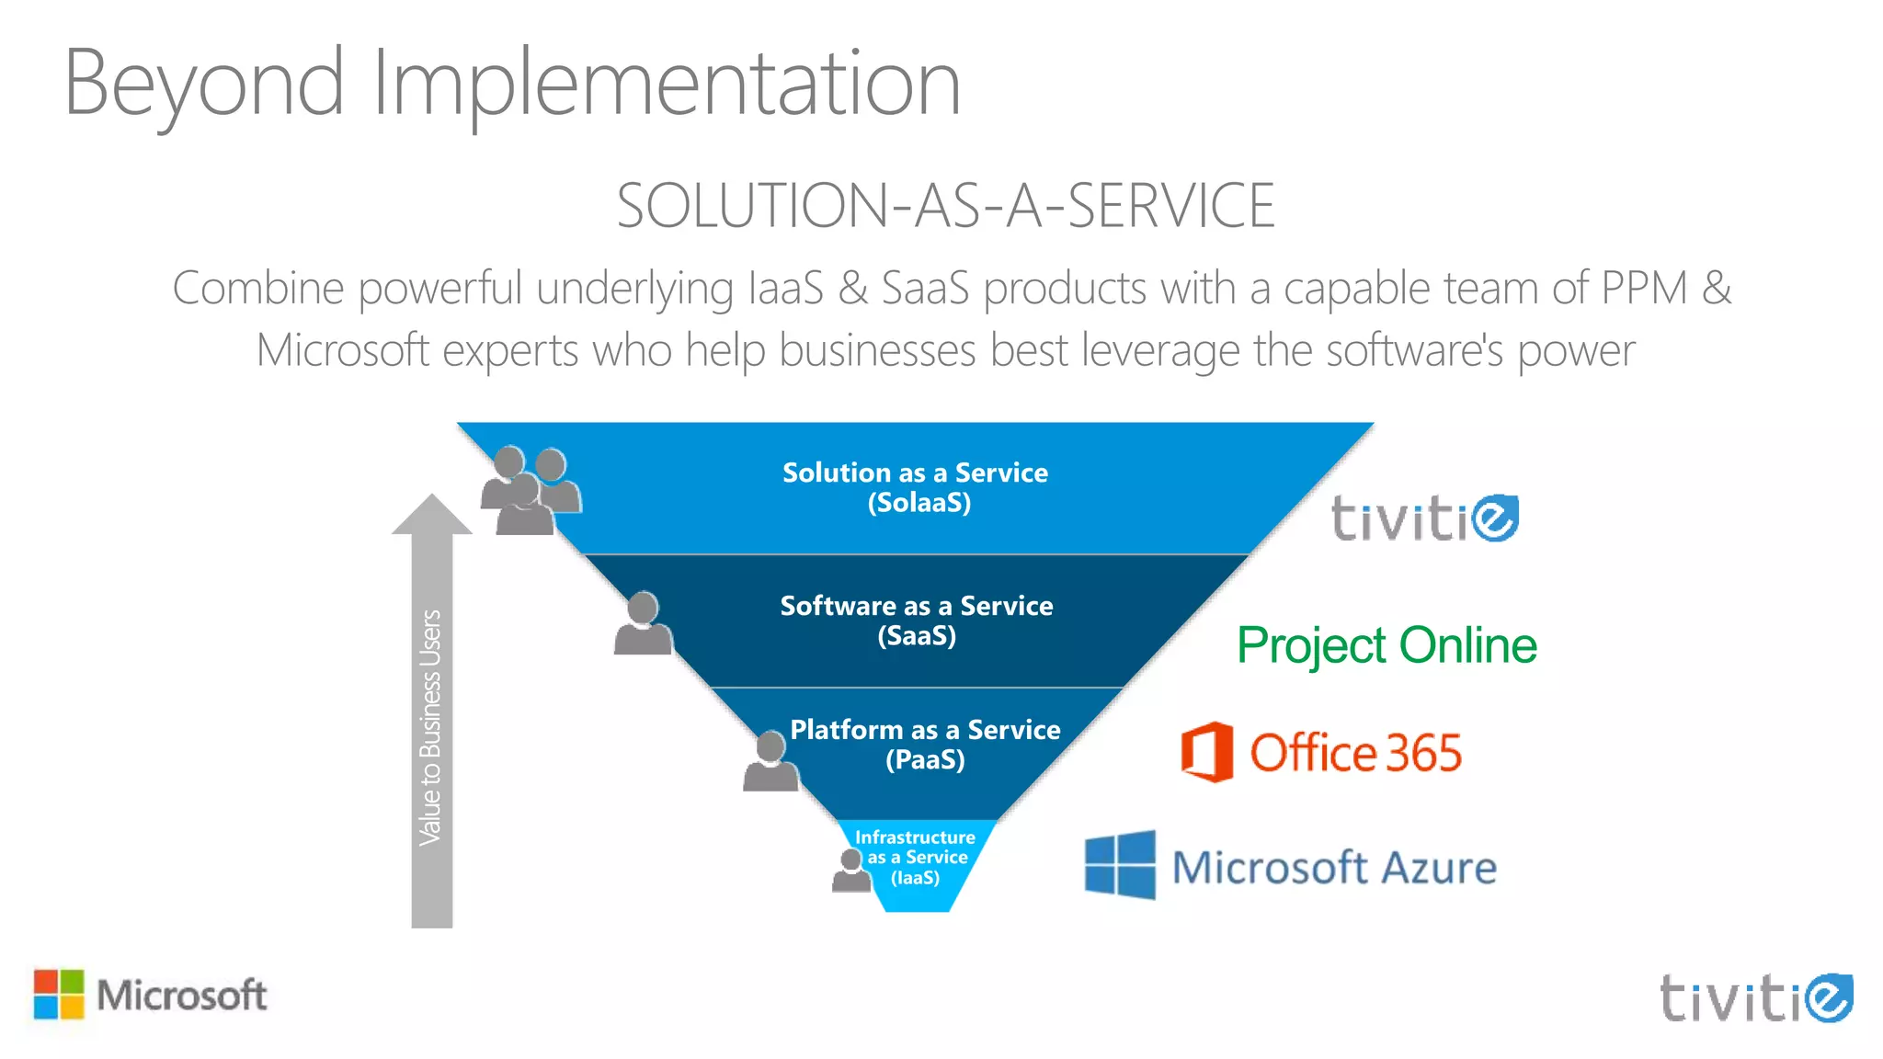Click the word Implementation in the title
click(667, 85)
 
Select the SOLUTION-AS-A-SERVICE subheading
click(945, 206)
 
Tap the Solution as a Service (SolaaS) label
click(916, 487)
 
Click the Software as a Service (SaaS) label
click(917, 621)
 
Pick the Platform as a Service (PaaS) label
click(925, 744)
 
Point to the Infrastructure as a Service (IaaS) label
click(915, 858)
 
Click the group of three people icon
click(531, 491)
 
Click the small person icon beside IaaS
click(851, 870)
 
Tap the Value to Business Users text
click(431, 726)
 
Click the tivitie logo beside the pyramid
click(1424, 519)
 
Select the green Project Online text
click(1387, 645)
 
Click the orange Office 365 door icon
click(1207, 752)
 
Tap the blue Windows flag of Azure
click(1120, 865)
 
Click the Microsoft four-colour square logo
click(59, 995)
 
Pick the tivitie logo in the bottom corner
click(1755, 998)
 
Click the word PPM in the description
click(1644, 289)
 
